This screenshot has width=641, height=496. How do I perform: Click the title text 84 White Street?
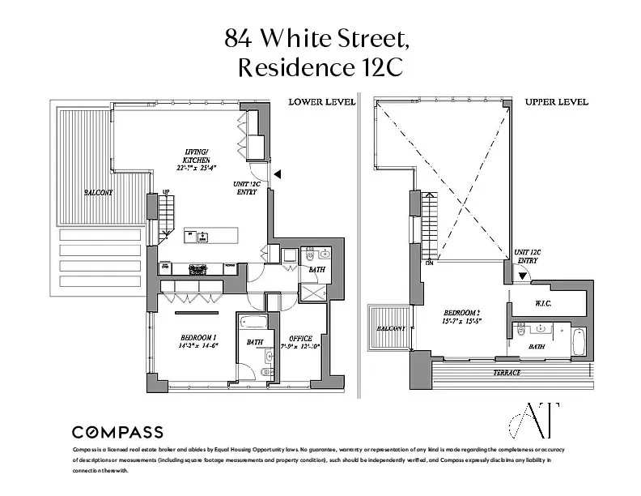pyautogui.click(x=320, y=37)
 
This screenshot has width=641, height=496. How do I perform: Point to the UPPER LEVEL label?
pyautogui.click(x=556, y=102)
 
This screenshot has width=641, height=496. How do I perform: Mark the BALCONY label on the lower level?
pyautogui.click(x=99, y=194)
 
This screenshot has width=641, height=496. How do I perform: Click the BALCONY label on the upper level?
pyautogui.click(x=390, y=328)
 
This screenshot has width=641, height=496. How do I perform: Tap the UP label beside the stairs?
pyautogui.click(x=166, y=192)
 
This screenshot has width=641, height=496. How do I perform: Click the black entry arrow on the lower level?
pyautogui.click(x=278, y=173)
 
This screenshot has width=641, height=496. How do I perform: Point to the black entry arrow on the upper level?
pyautogui.click(x=522, y=276)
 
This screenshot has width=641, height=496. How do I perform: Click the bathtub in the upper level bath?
pyautogui.click(x=579, y=341)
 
